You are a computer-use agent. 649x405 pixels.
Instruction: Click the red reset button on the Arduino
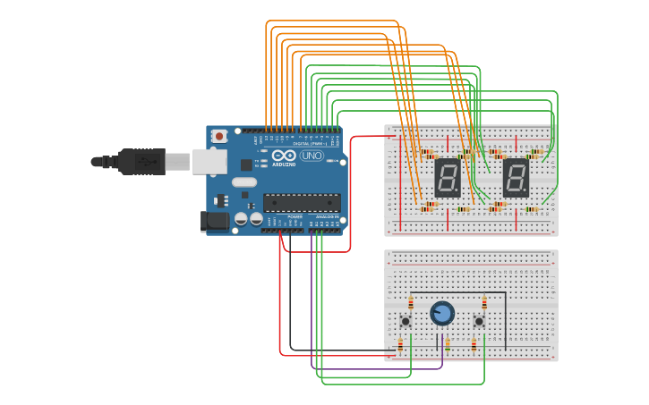point(219,136)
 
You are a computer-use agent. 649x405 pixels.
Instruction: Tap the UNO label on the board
point(311,156)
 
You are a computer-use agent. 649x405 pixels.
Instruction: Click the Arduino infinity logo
point(284,156)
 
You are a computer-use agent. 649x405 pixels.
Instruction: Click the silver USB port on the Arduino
point(209,161)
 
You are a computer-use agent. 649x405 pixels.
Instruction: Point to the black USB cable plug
point(143,162)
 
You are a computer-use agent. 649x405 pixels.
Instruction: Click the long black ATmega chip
point(301,203)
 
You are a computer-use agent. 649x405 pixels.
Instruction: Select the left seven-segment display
point(447,178)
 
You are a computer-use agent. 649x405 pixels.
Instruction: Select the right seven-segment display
point(515,178)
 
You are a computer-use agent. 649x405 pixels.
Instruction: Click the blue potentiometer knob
point(442,313)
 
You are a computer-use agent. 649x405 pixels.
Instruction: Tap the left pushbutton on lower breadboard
point(406,321)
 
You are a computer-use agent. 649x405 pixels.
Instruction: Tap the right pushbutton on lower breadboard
point(479,321)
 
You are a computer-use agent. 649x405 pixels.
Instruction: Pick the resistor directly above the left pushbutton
point(411,302)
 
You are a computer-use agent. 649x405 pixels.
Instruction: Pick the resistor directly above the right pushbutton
point(484,302)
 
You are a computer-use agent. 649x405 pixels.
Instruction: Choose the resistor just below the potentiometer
point(448,343)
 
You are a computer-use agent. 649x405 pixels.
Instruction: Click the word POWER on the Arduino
point(295,216)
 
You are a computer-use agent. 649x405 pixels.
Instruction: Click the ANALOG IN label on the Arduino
point(326,216)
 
